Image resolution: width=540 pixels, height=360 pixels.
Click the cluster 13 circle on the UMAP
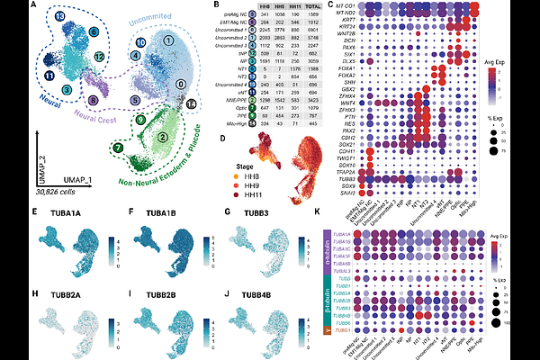(x=59, y=17)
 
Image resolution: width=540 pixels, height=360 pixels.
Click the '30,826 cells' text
(x=57, y=193)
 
